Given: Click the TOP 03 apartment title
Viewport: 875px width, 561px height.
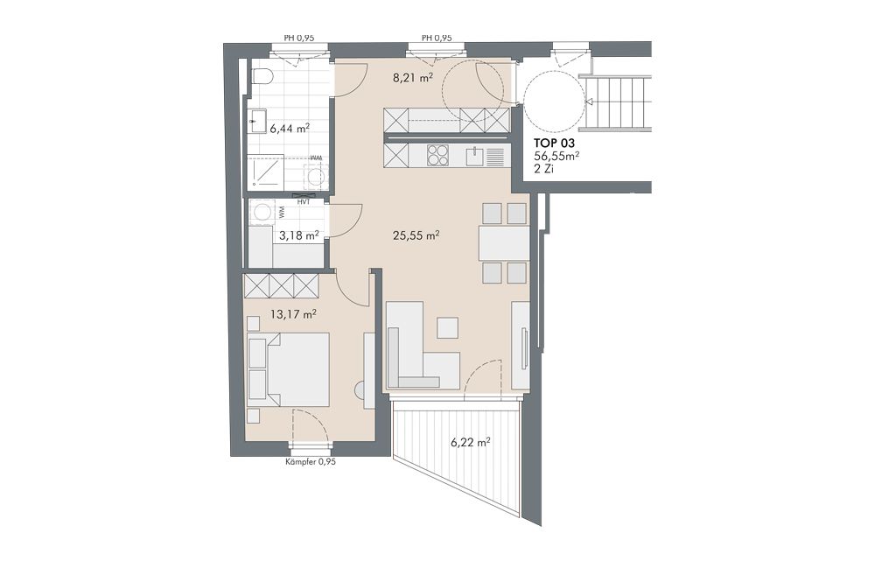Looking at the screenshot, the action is (x=554, y=144).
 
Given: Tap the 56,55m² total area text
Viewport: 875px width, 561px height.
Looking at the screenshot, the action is (x=556, y=157).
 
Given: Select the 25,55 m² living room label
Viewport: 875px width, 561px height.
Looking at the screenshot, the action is (x=416, y=235).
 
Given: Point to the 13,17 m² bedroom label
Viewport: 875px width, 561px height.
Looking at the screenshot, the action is (x=293, y=314).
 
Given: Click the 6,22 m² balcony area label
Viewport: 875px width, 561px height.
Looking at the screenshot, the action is (x=471, y=442).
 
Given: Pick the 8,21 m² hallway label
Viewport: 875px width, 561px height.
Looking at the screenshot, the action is (x=413, y=78).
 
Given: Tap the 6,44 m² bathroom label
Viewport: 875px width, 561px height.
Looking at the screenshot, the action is (x=290, y=129).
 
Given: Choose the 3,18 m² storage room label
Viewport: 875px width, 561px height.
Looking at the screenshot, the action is (x=298, y=235).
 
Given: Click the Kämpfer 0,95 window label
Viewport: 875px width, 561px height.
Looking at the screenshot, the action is (x=311, y=461).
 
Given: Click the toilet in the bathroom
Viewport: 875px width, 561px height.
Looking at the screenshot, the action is (x=261, y=76).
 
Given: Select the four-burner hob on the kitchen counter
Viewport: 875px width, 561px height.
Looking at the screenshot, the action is (x=437, y=155).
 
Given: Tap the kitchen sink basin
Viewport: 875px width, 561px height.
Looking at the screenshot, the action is (x=474, y=156).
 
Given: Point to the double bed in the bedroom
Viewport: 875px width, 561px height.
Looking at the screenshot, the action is (x=289, y=369).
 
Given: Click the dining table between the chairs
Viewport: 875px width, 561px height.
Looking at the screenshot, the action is (x=503, y=243).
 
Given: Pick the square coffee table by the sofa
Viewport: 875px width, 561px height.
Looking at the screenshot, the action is (x=447, y=327).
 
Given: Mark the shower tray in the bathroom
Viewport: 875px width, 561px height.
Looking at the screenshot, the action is (x=266, y=172).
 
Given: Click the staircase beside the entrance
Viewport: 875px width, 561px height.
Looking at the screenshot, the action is (x=619, y=104).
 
